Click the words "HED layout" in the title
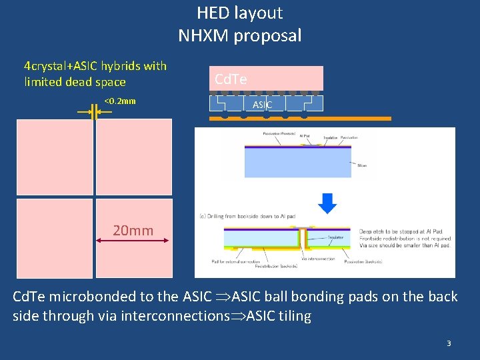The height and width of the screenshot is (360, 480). pyautogui.click(x=239, y=13)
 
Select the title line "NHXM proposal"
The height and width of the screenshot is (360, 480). pyautogui.click(x=239, y=35)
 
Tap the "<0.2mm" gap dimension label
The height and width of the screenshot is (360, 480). pyautogui.click(x=120, y=101)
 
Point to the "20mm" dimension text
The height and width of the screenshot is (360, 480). pyautogui.click(x=133, y=231)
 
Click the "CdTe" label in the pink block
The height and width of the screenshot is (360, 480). pyautogui.click(x=231, y=80)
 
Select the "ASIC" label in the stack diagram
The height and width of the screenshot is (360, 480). pyautogui.click(x=262, y=105)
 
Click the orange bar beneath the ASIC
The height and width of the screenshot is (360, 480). pyautogui.click(x=300, y=118)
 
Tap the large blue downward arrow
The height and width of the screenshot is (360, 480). pyautogui.click(x=327, y=203)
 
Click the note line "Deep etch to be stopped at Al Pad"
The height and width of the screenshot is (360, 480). pyautogui.click(x=405, y=232)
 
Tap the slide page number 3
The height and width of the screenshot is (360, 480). pyautogui.click(x=449, y=343)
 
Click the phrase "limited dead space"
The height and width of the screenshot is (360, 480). pyautogui.click(x=75, y=82)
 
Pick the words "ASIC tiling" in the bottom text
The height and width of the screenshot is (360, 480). pyautogui.click(x=279, y=316)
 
